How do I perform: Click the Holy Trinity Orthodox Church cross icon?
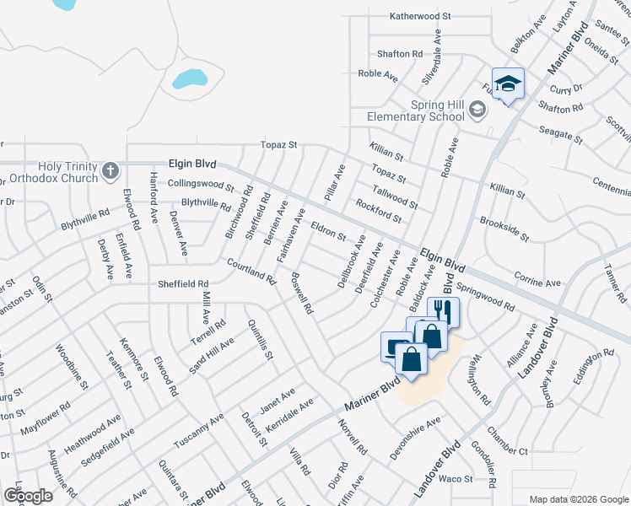point(110,171)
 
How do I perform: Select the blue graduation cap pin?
point(508,84)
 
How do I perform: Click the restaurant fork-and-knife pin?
point(444,312)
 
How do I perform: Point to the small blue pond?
point(189,80)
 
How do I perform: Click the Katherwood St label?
point(421,16)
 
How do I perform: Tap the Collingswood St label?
point(200,184)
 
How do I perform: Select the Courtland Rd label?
point(251,272)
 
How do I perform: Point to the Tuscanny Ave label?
point(199,430)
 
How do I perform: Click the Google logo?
point(28,496)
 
